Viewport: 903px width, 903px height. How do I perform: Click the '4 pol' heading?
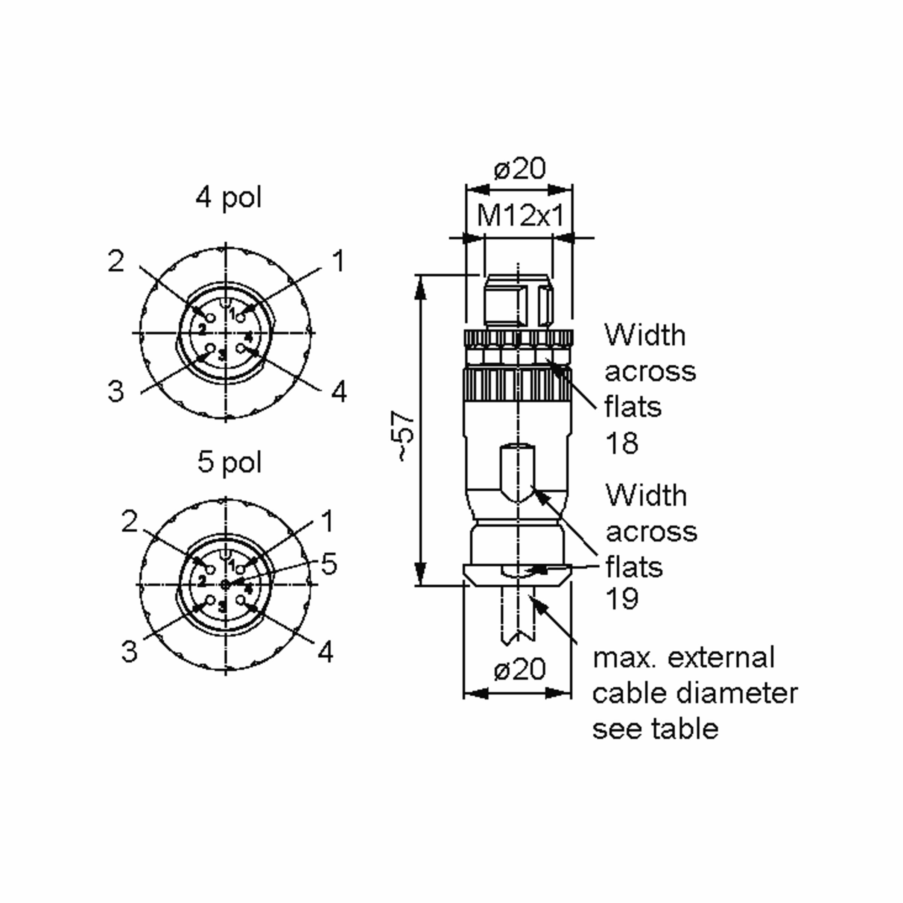click(x=228, y=197)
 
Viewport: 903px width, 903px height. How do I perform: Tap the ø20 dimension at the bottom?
click(x=519, y=669)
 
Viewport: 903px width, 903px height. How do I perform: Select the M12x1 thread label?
click(x=520, y=216)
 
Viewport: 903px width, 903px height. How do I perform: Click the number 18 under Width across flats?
click(x=622, y=443)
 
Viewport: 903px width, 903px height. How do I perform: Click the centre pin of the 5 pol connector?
click(x=226, y=584)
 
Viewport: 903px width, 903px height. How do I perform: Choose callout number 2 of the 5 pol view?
click(x=129, y=521)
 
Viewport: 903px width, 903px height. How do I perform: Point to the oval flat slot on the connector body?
click(x=518, y=472)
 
